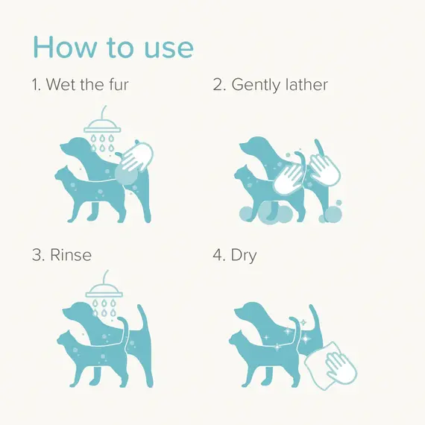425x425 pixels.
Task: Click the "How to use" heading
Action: coord(113,47)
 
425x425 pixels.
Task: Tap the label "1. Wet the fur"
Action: coord(81,84)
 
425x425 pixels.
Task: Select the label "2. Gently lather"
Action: coord(270,85)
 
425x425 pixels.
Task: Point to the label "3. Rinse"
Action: coord(62,255)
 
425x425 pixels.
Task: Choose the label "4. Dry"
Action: coord(235,256)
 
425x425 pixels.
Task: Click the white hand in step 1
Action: coord(137,157)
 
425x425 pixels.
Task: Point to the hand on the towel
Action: coord(338,365)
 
